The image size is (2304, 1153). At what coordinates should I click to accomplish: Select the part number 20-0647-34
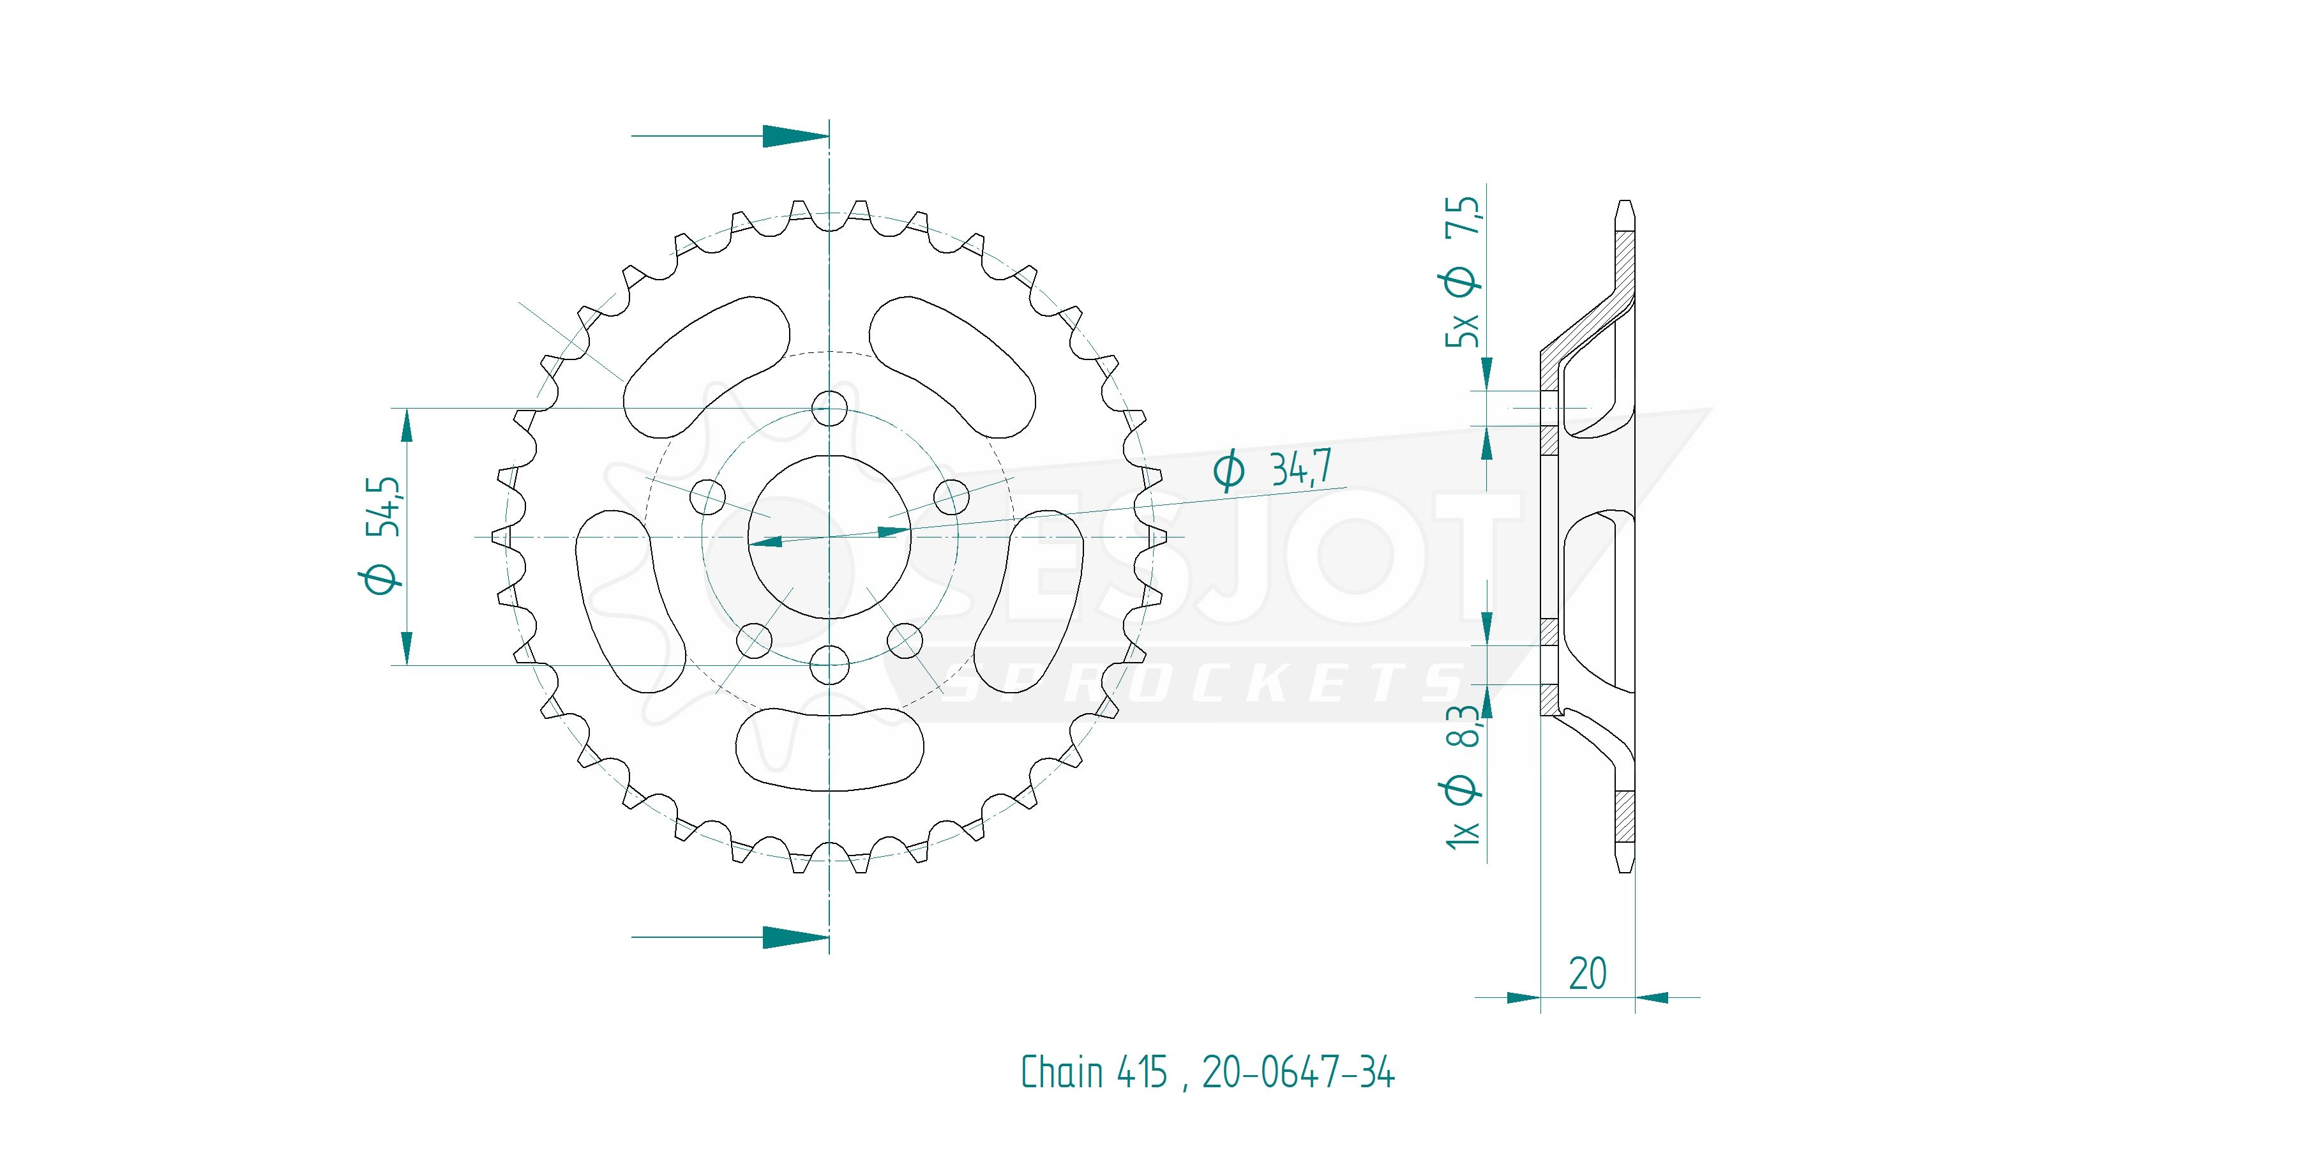click(1298, 1072)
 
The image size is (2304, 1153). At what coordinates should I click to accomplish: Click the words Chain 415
click(1094, 1072)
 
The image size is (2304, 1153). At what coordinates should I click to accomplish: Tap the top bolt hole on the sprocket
click(830, 409)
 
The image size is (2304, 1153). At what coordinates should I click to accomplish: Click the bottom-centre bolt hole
click(830, 665)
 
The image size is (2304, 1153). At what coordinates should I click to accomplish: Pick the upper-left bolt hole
click(709, 497)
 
